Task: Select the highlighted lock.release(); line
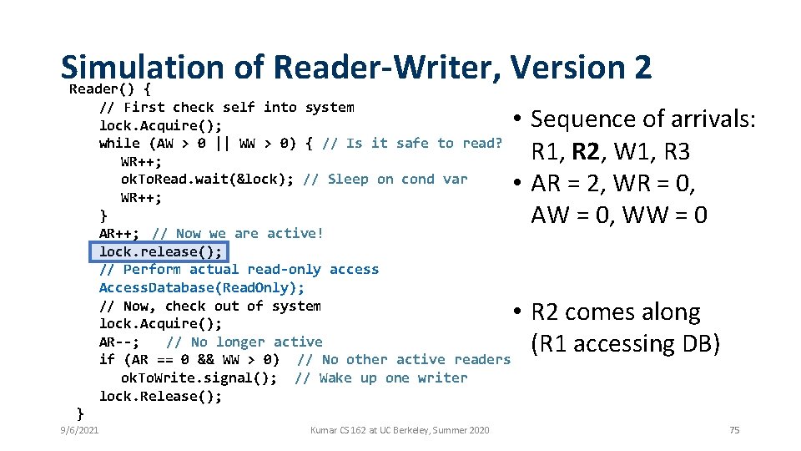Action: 160,251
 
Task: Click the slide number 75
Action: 734,430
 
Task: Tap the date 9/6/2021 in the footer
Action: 79,430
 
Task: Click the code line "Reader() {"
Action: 110,89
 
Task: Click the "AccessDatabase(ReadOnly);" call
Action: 202,287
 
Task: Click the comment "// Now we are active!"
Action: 238,234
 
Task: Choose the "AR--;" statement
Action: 120,342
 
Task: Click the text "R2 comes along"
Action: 616,312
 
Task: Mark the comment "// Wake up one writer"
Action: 381,378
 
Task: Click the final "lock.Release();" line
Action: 160,396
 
